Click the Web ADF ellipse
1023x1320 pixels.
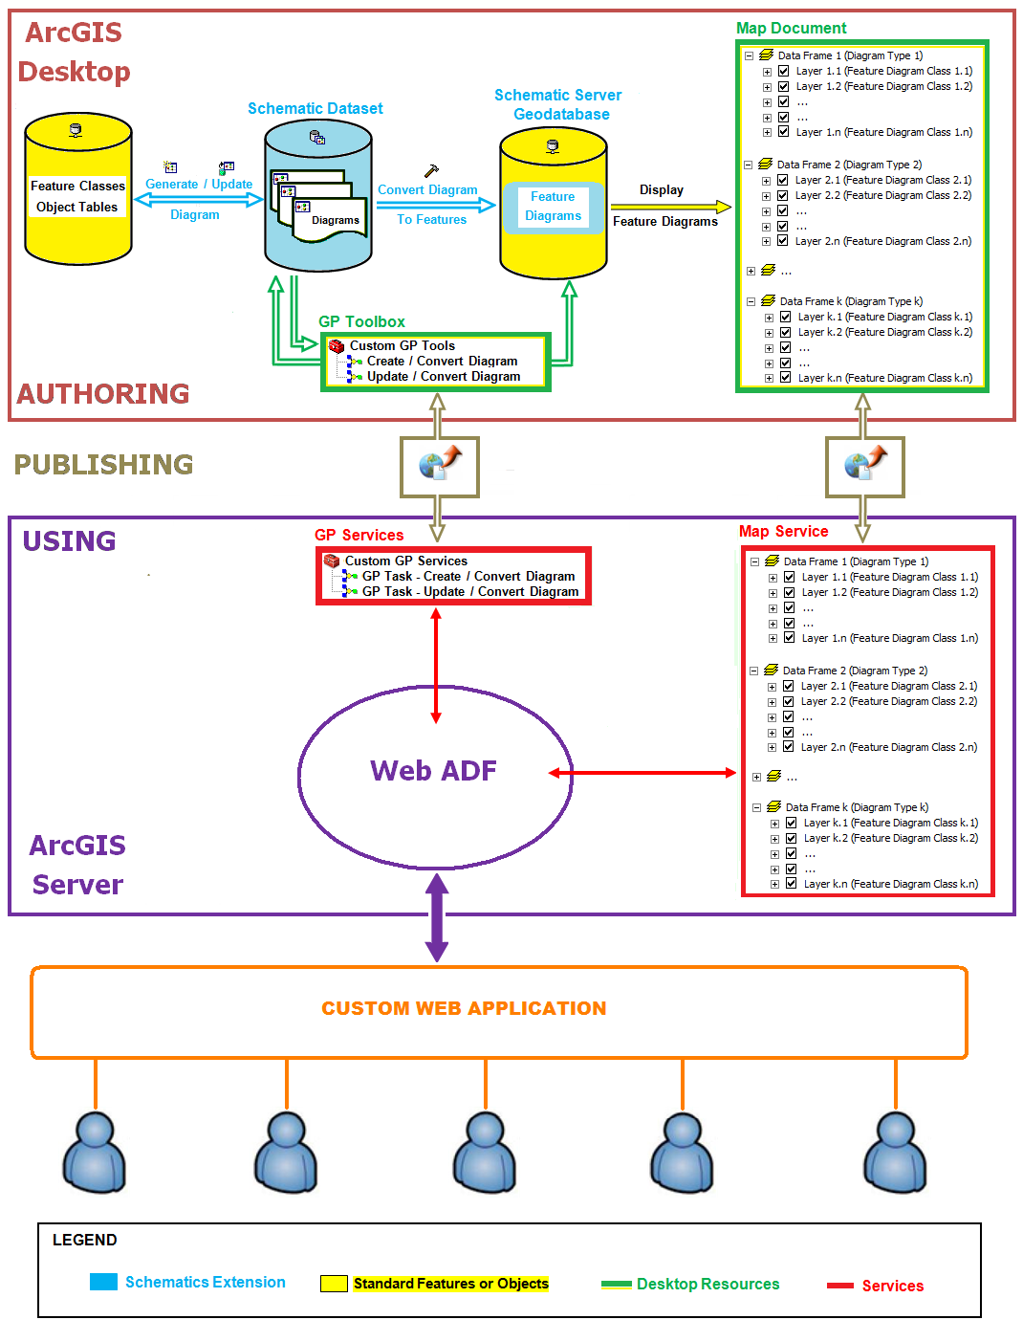(435, 771)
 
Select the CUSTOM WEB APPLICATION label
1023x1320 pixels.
(464, 1008)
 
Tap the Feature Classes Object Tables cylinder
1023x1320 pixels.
(78, 189)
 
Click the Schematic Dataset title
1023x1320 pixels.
(315, 108)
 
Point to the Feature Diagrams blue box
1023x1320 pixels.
(553, 207)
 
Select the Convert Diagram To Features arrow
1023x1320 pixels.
(436, 205)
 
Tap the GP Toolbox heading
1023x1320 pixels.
(361, 321)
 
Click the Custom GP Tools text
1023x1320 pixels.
(402, 345)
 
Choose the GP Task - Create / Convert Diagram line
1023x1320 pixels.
(468, 576)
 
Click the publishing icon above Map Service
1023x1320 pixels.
(865, 466)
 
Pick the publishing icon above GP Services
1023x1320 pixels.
(440, 466)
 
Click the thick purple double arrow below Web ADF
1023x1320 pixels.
(437, 917)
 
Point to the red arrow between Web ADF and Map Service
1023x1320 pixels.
(642, 772)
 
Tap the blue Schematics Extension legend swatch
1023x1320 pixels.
(103, 1282)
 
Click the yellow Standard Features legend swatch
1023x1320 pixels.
(334, 1284)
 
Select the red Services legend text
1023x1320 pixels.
(892, 1286)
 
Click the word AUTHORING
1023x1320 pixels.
(103, 393)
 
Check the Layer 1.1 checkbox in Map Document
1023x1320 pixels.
(784, 71)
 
